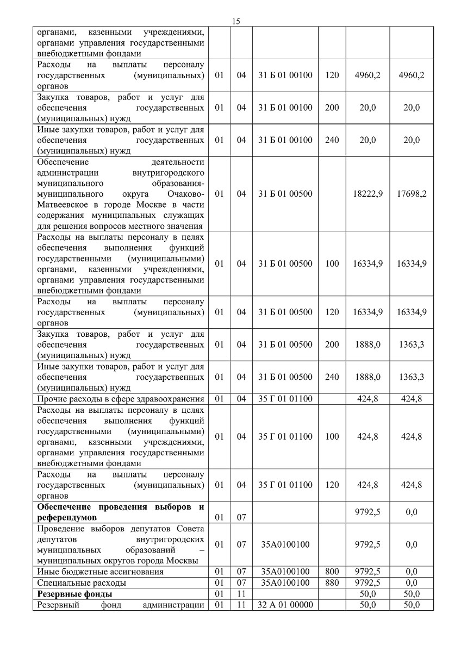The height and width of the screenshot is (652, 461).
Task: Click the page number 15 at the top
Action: [x=236, y=21]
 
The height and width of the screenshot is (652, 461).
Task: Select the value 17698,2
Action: [x=412, y=193]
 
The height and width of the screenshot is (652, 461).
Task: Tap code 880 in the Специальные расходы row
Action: [x=332, y=582]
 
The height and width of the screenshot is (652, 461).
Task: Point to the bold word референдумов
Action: [x=67, y=517]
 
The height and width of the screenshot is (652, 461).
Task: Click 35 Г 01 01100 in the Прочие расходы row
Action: [x=285, y=399]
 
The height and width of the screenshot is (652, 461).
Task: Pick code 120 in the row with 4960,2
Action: [x=332, y=75]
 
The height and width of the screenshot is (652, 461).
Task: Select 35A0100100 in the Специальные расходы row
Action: [x=285, y=582]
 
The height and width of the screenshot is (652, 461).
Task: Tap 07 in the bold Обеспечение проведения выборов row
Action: [x=241, y=517]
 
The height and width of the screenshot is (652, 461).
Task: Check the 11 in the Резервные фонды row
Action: [x=241, y=594]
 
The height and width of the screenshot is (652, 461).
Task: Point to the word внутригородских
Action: [x=171, y=540]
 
